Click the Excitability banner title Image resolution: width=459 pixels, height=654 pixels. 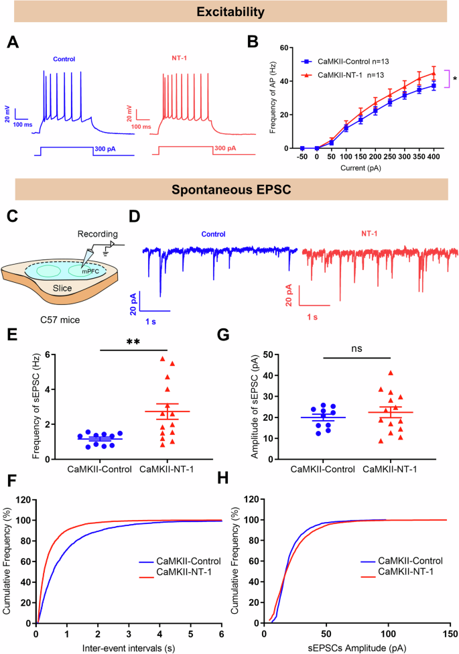click(229, 12)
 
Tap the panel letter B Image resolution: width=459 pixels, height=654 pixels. click(253, 42)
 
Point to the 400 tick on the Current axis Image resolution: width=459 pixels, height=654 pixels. click(434, 156)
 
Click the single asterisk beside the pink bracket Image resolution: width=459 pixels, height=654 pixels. click(455, 79)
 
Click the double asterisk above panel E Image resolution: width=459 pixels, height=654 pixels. click(132, 342)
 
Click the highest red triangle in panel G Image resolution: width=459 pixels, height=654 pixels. click(389, 373)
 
